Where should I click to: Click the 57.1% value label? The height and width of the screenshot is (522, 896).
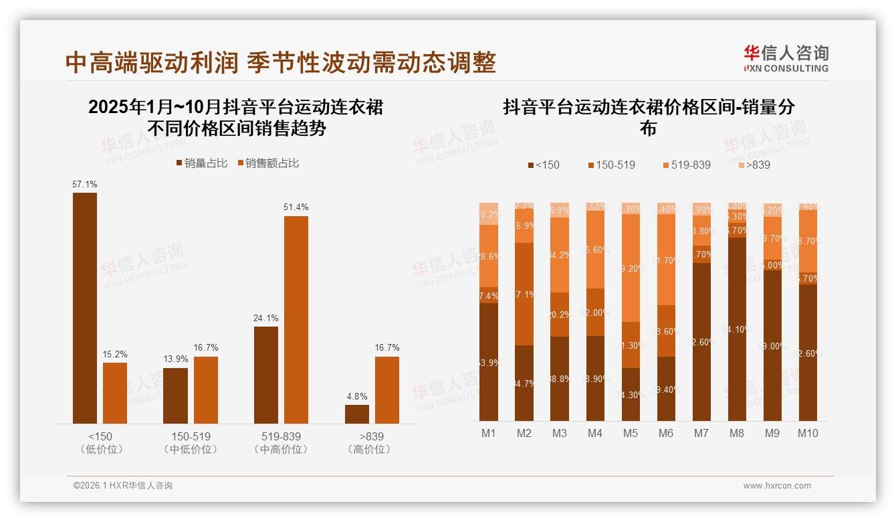[x=85, y=184]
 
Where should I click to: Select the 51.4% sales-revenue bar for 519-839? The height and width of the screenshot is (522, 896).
[x=296, y=319]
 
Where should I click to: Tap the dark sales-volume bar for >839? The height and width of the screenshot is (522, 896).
[x=357, y=414]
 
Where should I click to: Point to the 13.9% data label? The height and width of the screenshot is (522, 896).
[x=176, y=359]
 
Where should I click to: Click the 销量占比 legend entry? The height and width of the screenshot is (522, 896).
[x=201, y=163]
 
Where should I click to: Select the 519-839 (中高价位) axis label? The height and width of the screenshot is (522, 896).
[x=281, y=442]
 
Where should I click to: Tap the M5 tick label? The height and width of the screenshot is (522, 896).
[x=631, y=433]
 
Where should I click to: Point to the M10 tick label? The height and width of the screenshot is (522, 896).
[x=808, y=433]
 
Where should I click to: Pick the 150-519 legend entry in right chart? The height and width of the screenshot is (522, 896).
[x=610, y=165]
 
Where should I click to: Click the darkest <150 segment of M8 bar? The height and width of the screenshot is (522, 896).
[x=737, y=329]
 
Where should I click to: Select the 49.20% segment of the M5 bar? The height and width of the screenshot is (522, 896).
[x=631, y=268]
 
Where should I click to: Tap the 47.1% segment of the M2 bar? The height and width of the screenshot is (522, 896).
[x=524, y=294]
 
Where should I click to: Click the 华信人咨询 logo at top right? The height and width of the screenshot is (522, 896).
[x=786, y=58]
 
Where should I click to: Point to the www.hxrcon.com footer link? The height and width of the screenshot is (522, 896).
[x=777, y=486]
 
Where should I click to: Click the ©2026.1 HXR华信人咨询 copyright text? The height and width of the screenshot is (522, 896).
[x=123, y=486]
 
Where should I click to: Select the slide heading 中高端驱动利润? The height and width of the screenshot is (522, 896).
[x=152, y=63]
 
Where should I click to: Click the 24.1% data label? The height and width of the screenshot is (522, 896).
[x=266, y=318]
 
